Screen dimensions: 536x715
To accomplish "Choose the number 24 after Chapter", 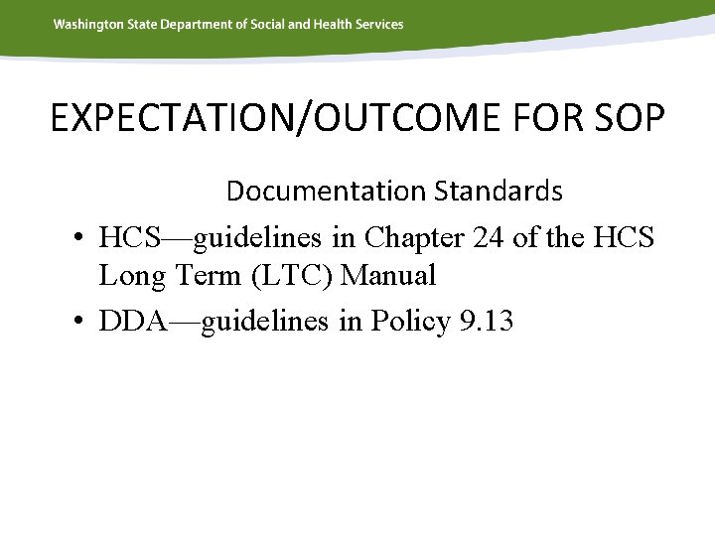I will coord(491,238).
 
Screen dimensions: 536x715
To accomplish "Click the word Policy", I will coord(410,322).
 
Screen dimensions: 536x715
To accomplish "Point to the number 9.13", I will coord(487,321).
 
